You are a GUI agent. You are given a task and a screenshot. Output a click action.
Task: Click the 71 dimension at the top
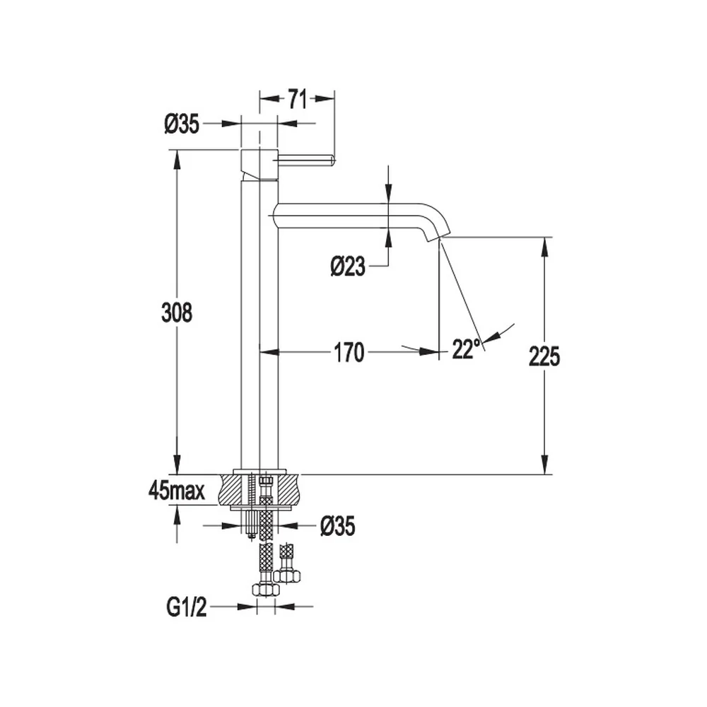coord(297,99)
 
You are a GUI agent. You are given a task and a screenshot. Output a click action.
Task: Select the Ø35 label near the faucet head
coord(182,124)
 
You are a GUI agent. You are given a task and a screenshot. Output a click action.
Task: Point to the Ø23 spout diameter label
coord(348,267)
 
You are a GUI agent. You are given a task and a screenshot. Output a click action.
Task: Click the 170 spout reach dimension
coord(349,353)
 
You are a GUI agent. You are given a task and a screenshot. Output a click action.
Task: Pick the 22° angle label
coord(466,349)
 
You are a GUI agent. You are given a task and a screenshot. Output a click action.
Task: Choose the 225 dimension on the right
coord(544,356)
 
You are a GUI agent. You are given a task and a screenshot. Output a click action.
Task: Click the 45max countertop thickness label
coord(176,491)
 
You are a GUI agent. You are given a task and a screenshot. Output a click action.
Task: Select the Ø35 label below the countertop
coord(338,526)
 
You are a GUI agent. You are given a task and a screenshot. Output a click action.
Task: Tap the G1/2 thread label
coord(187,607)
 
